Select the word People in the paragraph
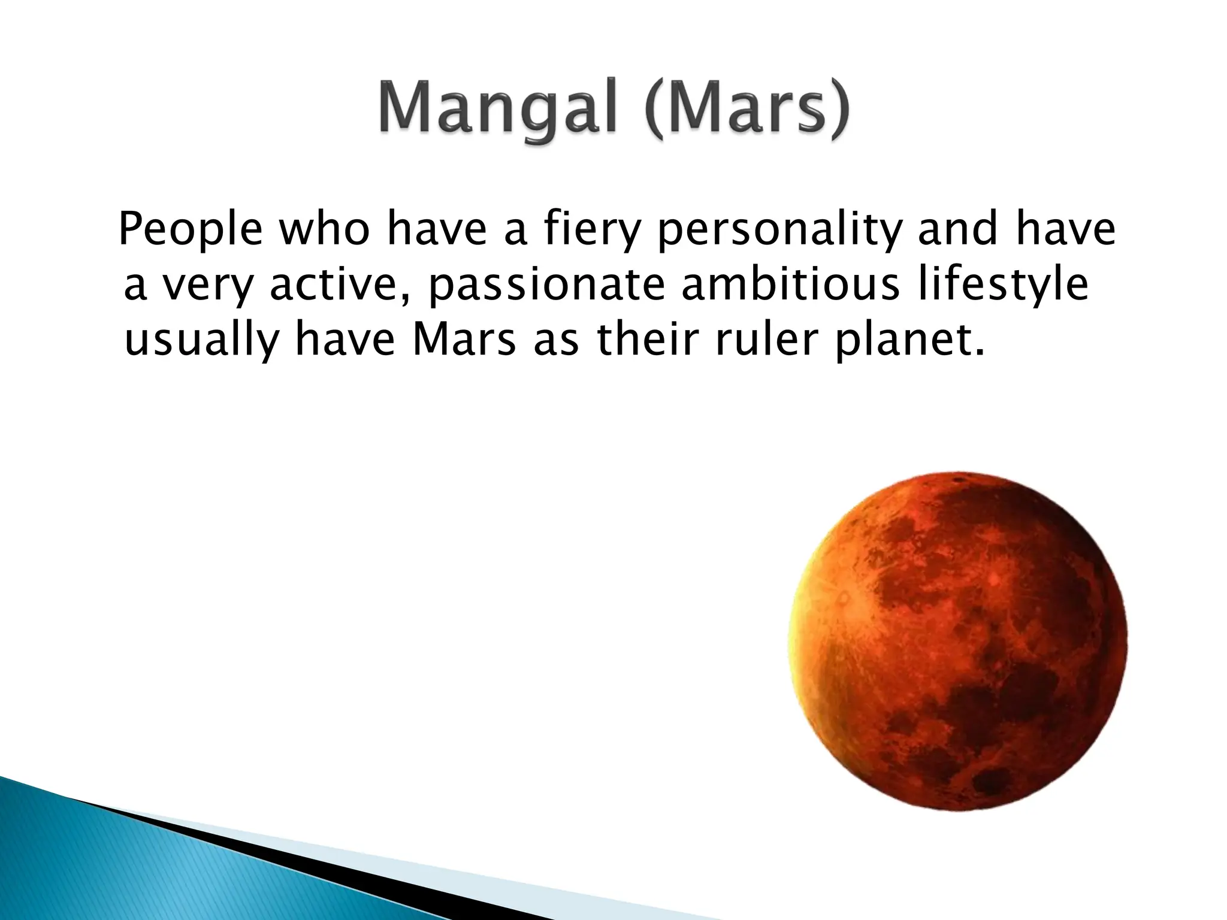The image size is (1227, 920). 191,230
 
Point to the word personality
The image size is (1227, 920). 779,230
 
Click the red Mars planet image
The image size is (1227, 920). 959,641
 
